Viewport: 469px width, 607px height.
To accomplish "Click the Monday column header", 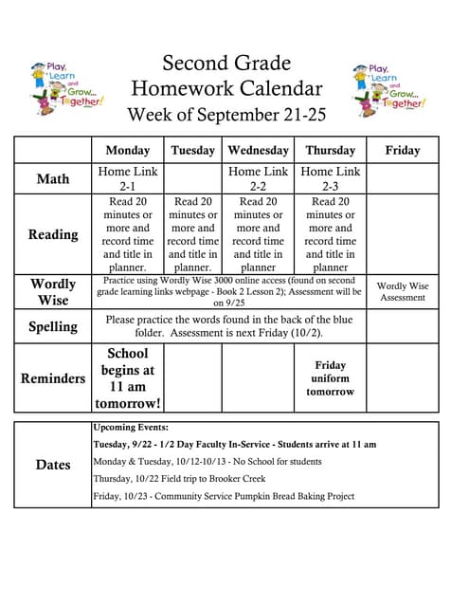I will [128, 150].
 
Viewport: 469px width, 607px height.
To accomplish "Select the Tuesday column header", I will [193, 150].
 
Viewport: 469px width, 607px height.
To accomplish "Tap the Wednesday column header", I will [258, 150].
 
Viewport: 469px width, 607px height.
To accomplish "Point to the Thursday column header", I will [330, 150].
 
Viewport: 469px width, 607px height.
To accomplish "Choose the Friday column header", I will [403, 150].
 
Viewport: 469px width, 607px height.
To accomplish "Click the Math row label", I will [53, 178].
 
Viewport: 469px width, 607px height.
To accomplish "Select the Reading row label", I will [53, 234].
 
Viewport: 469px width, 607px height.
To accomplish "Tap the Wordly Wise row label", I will [53, 292].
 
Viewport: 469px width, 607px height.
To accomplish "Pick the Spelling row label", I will [53, 326].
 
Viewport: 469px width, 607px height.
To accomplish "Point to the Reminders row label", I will [53, 378].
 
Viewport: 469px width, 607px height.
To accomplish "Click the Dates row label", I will [53, 465].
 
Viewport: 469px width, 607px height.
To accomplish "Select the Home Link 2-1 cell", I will [128, 179].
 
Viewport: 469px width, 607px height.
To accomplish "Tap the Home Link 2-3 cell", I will [330, 179].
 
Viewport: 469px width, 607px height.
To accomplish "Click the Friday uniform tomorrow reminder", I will [330, 378].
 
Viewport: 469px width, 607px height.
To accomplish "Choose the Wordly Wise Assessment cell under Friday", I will [403, 292].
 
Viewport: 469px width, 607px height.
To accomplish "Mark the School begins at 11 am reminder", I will [128, 378].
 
